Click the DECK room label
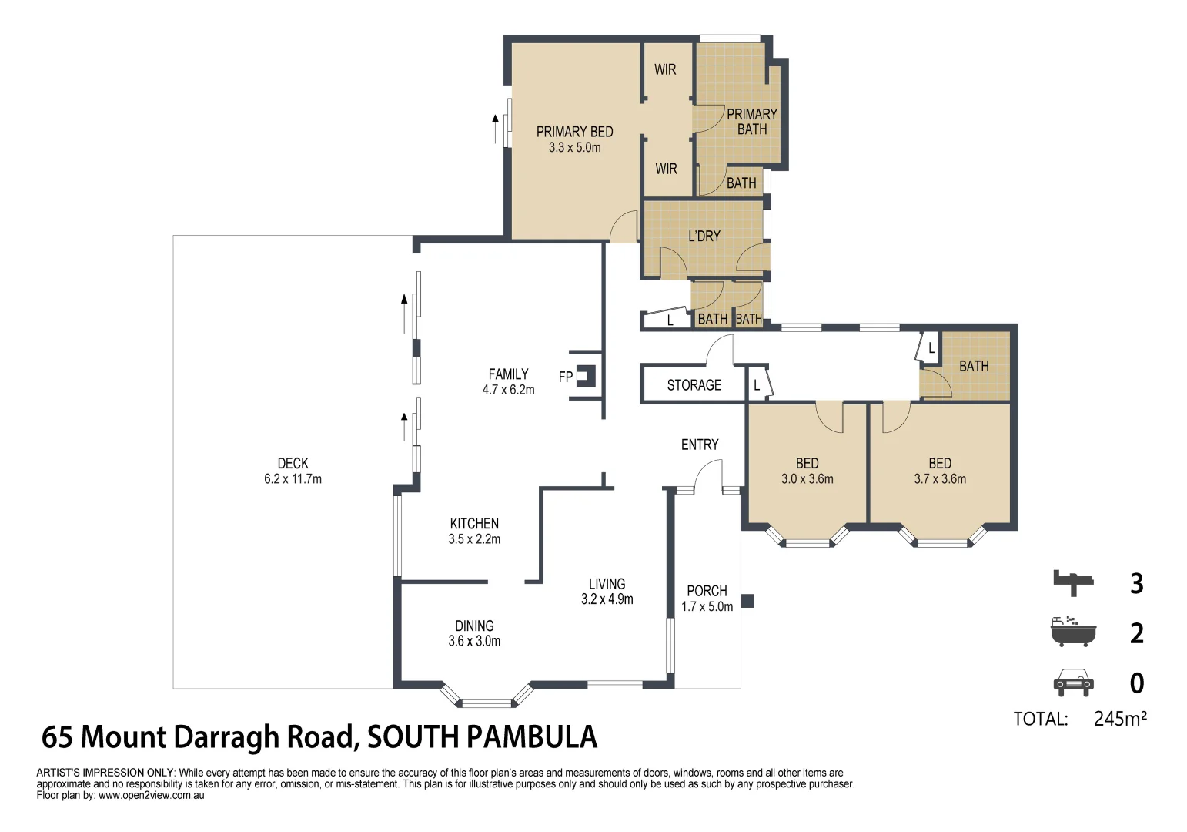pos(293,463)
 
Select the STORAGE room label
pos(694,385)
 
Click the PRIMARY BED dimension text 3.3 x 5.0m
pos(574,148)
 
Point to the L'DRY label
pos(704,236)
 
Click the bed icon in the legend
pos(1073,582)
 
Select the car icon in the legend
pos(1073,683)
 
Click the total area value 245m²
pos(1120,719)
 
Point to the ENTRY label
pos(699,445)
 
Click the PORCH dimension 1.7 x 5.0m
pos(707,607)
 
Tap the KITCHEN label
pos(474,523)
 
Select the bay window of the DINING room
pos(487,697)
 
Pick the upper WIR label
pos(665,69)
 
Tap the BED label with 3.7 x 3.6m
pos(940,463)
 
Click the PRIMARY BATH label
pos(751,122)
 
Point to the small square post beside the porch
pos(747,601)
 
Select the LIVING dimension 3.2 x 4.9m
pos(607,599)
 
